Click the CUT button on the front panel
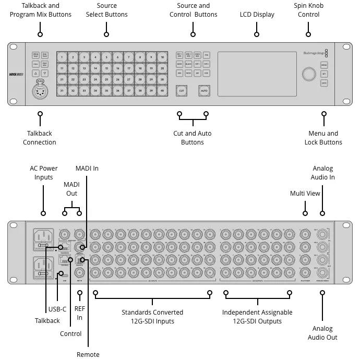pyautogui.click(x=182, y=91)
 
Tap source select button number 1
pyautogui.click(x=62, y=57)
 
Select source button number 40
pyautogui.click(x=163, y=91)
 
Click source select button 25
pyautogui.click(x=107, y=79)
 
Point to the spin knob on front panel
pyautogui.click(x=308, y=74)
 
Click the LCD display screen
pyautogui.click(x=257, y=74)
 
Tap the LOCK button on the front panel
pyautogui.click(x=324, y=83)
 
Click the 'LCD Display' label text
pyautogui.click(x=257, y=15)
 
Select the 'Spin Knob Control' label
pyautogui.click(x=308, y=10)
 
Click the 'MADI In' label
pyautogui.click(x=87, y=169)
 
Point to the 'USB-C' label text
pyautogui.click(x=57, y=309)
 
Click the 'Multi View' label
pyautogui.click(x=305, y=194)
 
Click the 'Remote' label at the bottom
pyautogui.click(x=88, y=354)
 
